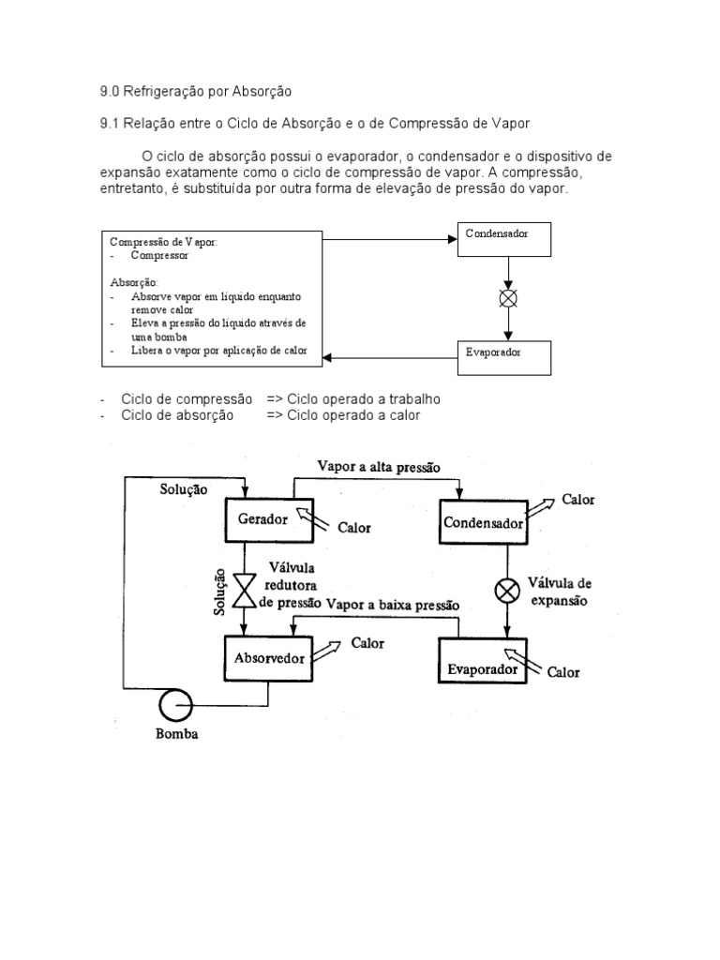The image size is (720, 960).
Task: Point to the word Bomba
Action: point(176,734)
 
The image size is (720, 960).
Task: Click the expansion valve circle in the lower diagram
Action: point(507,591)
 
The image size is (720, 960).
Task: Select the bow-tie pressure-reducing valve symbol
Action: point(245,590)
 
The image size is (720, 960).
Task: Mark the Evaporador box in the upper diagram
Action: point(504,357)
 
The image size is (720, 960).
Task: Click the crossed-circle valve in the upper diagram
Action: point(507,298)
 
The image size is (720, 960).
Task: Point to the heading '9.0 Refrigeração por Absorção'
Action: point(196,91)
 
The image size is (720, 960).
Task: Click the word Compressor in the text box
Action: point(160,254)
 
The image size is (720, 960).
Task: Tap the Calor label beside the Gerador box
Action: point(353,527)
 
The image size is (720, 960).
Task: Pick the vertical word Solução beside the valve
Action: point(219,592)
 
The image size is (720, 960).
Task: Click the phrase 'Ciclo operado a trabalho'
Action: point(364,398)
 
